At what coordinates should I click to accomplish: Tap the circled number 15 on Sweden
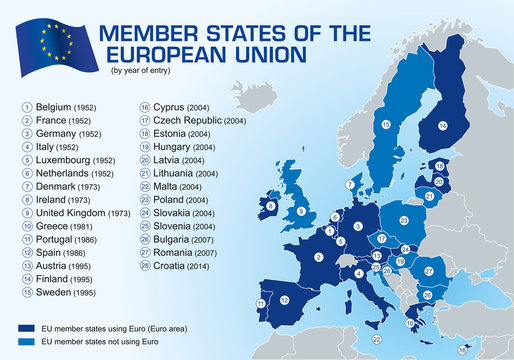(385, 124)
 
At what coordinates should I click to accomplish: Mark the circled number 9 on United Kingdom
(300, 211)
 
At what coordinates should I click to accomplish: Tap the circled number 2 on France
(317, 257)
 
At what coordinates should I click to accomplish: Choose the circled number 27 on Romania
(428, 271)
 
